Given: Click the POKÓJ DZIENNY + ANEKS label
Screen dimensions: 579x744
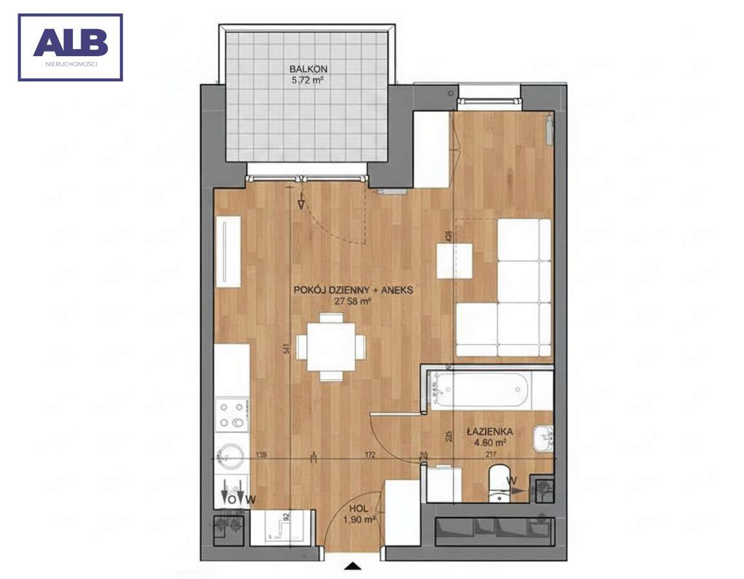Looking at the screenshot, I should (x=353, y=290).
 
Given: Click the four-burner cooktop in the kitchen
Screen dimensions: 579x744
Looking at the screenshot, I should (x=232, y=415).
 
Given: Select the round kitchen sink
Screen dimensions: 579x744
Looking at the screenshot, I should (x=231, y=458).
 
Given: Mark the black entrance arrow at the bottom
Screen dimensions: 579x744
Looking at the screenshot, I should (x=353, y=567).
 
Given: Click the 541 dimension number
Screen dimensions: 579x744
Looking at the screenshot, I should (x=285, y=348).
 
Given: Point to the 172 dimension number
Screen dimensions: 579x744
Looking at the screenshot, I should (x=370, y=455).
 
